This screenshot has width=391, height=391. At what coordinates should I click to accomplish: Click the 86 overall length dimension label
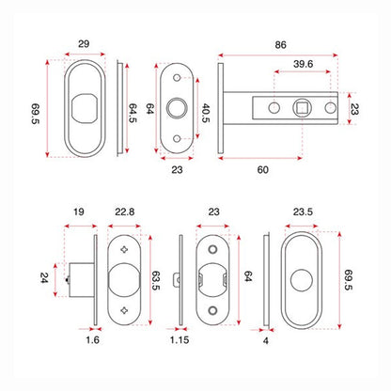tap(280, 45)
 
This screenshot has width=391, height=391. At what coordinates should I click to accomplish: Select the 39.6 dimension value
tap(303, 64)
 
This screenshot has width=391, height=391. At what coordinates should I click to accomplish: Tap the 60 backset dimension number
tap(263, 170)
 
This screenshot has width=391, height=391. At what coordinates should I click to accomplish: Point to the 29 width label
tap(84, 44)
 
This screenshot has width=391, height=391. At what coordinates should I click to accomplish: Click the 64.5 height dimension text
tap(133, 113)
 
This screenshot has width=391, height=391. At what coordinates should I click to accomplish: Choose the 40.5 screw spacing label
tap(205, 113)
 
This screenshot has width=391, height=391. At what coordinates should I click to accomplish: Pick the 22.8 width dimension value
tap(125, 211)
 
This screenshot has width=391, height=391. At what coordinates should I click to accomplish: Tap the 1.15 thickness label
tap(180, 340)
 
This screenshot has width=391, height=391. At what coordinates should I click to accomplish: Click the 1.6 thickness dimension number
tap(92, 340)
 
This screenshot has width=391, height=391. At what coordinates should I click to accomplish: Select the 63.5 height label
tap(156, 280)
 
